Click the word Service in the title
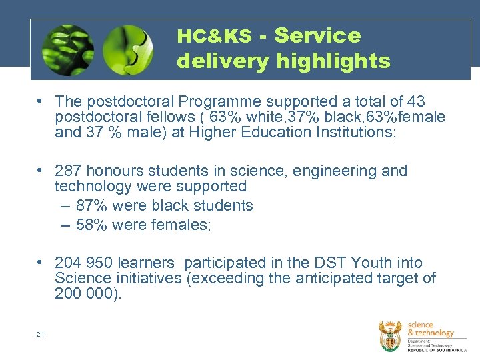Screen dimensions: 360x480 point(317,36)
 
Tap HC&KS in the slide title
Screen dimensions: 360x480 point(214,37)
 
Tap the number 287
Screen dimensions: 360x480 point(69,171)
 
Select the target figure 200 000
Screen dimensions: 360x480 point(85,293)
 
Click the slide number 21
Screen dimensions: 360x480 point(40,334)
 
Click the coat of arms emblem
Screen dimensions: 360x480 point(390,335)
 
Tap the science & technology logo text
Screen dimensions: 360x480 point(430,329)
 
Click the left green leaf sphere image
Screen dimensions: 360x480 point(67,51)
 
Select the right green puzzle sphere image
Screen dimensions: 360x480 point(127,51)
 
